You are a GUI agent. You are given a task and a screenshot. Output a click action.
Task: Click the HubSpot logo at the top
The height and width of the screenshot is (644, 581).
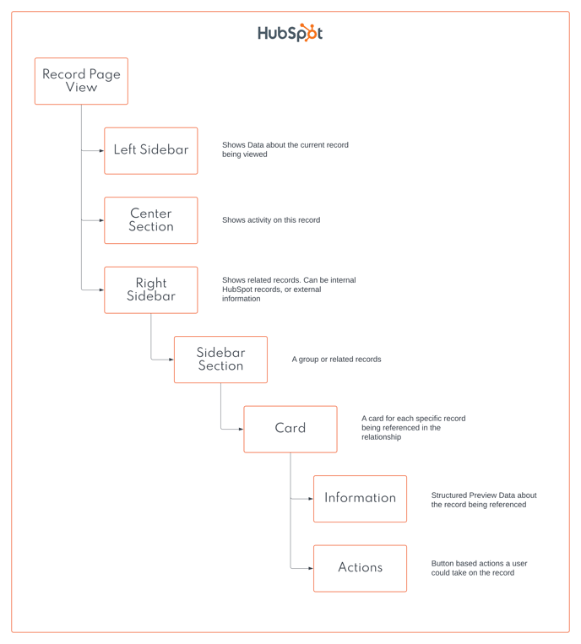[x=290, y=33]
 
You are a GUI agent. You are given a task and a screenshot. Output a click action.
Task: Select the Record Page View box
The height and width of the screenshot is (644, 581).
[x=81, y=81]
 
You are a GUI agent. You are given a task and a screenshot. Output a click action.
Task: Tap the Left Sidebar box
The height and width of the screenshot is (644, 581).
[x=151, y=150]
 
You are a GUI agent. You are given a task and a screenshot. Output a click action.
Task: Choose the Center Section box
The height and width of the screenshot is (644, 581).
[x=151, y=220]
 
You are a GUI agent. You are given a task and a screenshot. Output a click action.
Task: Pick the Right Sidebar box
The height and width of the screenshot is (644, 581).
[x=151, y=290]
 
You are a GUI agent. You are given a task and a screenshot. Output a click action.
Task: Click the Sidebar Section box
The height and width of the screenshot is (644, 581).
[x=220, y=360]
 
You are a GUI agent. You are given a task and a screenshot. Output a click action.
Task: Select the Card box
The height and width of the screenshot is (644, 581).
[x=290, y=429]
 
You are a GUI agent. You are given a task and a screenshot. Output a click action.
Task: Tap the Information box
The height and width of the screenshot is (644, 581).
[x=360, y=498]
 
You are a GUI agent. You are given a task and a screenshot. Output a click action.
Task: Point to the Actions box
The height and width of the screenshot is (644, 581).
[x=360, y=568]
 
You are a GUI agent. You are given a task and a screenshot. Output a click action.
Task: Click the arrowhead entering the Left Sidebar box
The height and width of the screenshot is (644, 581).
[x=101, y=151]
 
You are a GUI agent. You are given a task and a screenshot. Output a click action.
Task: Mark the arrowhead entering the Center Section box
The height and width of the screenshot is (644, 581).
[x=101, y=220]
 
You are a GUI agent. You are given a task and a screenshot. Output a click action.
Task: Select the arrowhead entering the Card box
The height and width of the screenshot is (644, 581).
[x=241, y=429]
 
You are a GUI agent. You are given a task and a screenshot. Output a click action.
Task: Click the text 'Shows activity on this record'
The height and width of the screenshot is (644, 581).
[x=271, y=220]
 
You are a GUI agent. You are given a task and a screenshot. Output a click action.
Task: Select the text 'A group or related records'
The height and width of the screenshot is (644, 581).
[x=336, y=360]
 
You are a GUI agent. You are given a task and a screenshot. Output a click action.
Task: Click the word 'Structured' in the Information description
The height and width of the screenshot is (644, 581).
[x=450, y=495]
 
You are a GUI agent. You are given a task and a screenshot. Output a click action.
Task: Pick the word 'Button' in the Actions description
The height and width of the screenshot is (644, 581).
[x=444, y=564]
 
